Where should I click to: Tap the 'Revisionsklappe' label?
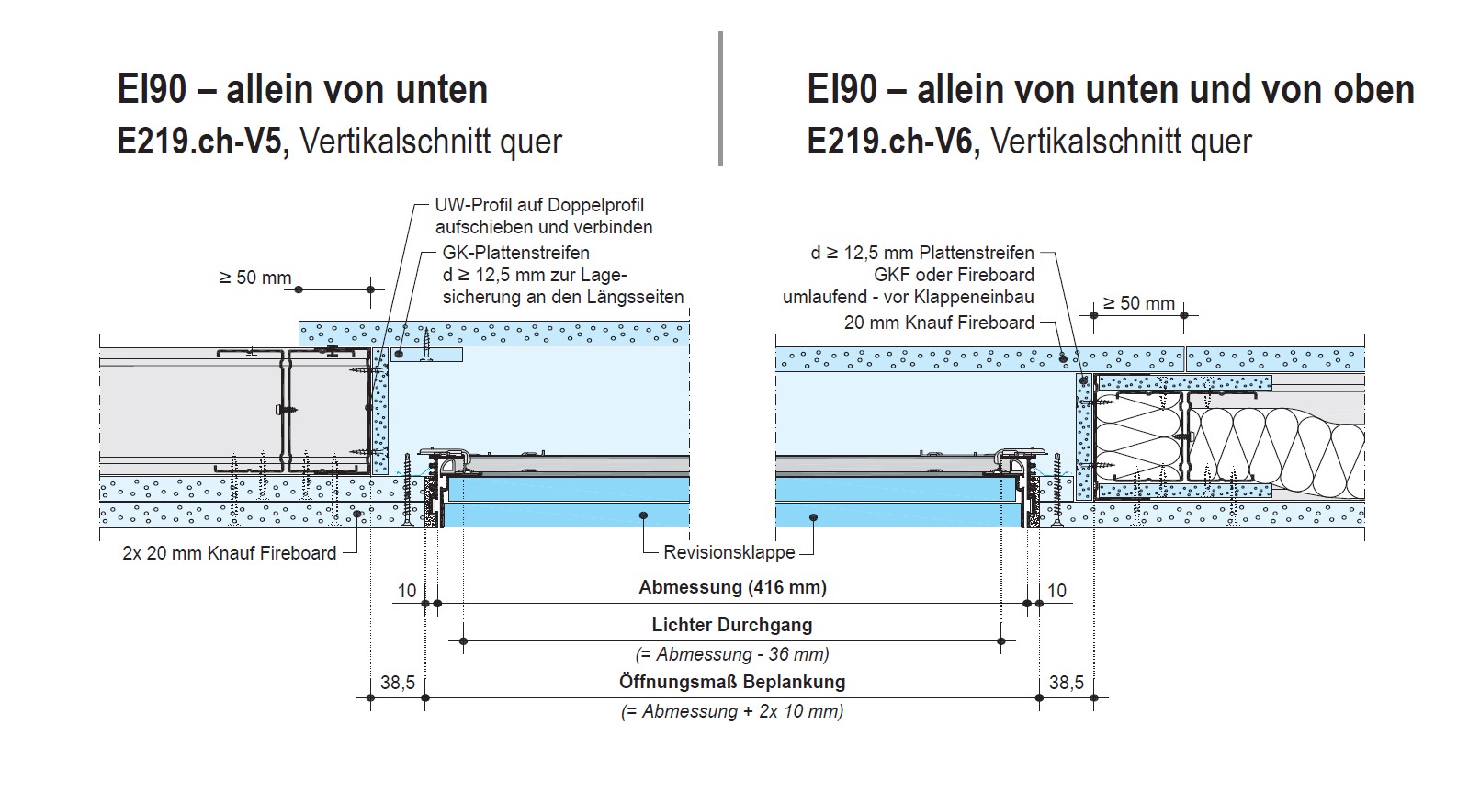coord(729,553)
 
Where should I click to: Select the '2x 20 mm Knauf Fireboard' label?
coord(230,553)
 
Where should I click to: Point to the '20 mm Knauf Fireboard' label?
coord(939,323)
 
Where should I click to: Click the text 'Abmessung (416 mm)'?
coord(732,587)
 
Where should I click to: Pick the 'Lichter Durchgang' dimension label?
coord(732,625)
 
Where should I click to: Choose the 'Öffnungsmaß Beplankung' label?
coord(732,682)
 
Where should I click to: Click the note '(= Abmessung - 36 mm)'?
coord(732,654)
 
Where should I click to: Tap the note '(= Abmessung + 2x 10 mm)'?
coord(732,711)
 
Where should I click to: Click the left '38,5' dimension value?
coord(398,683)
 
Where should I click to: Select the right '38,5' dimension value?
coord(1067,683)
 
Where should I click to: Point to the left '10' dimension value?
coord(407,590)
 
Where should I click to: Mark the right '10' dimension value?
coord(1057,590)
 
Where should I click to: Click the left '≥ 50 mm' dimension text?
coord(254,278)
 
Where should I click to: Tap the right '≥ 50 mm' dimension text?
coord(1138,303)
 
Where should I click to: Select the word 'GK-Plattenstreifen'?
coord(515,253)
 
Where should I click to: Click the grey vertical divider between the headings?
coord(720,99)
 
